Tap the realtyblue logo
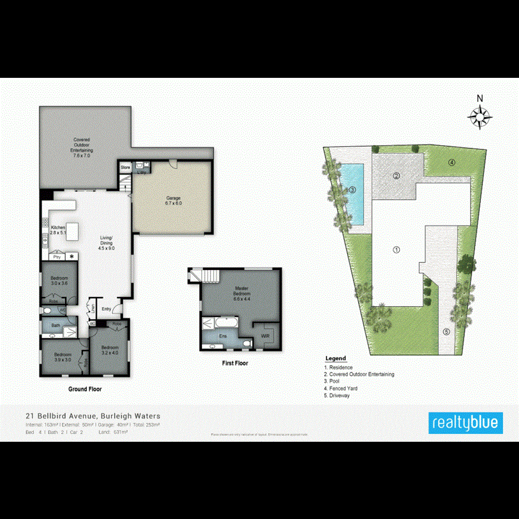click(466, 423)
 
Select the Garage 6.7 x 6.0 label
click(174, 201)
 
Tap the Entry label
click(106, 310)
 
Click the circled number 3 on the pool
click(352, 189)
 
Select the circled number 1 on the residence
click(396, 250)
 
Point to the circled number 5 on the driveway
click(446, 332)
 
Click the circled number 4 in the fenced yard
click(452, 163)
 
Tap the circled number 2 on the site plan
click(397, 176)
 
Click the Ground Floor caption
click(85, 389)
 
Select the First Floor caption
click(235, 364)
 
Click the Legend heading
click(336, 359)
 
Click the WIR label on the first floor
click(266, 335)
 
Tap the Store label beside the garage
click(125, 167)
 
